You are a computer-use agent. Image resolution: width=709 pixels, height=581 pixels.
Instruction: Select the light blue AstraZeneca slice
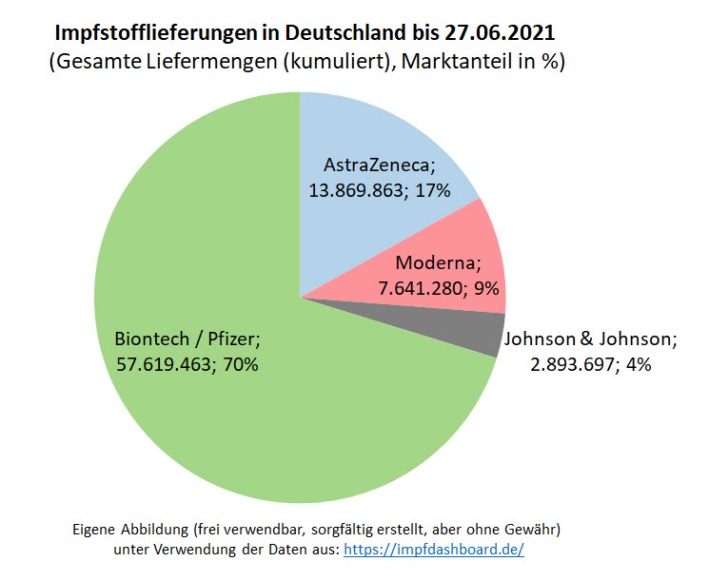(381, 143)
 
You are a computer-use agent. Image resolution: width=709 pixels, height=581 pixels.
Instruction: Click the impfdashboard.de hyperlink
(433, 550)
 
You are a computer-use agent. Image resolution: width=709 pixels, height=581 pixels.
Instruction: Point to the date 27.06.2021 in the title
(500, 35)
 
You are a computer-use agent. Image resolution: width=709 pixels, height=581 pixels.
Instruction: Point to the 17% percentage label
(431, 189)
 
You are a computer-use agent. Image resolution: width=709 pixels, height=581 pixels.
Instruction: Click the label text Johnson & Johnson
(590, 339)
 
